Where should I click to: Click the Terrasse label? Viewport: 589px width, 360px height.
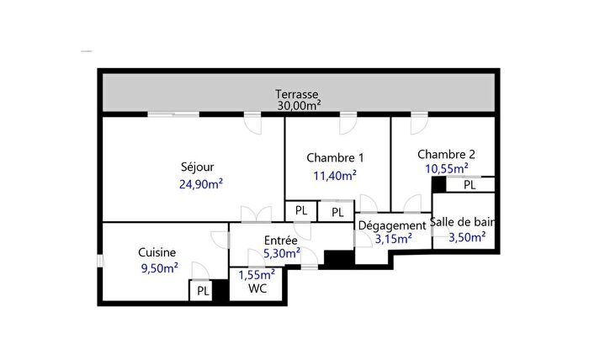(297, 94)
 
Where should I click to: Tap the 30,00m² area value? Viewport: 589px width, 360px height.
(297, 106)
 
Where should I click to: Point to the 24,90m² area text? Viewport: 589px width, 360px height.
(200, 183)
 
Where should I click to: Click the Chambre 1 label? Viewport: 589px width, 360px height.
(336, 157)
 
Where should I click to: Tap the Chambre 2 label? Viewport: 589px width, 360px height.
(446, 154)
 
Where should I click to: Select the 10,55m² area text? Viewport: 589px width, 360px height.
(446, 168)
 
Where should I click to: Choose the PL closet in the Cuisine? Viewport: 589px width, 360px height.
(203, 291)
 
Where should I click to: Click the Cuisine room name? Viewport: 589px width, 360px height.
(157, 252)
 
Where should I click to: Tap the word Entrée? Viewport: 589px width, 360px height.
(280, 240)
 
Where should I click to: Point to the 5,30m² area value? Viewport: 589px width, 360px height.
(281, 252)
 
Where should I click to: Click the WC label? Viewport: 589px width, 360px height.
(257, 289)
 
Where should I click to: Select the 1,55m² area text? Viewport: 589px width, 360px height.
(257, 274)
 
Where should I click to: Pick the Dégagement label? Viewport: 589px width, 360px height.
(392, 225)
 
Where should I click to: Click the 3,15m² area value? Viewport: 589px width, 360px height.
(393, 239)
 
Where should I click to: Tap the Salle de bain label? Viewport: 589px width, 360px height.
(462, 223)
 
